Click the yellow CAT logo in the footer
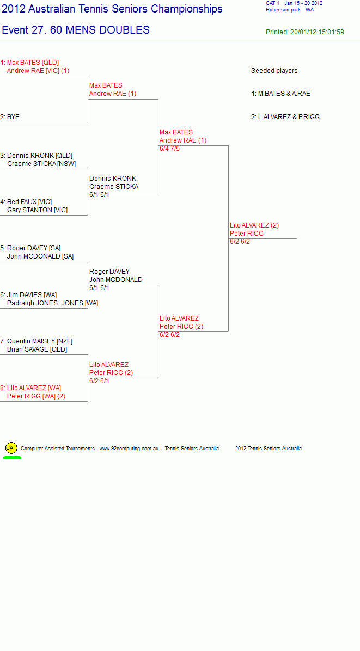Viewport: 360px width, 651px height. click(11, 447)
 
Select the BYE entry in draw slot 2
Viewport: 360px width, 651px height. click(13, 117)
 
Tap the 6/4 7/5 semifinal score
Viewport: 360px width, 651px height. click(169, 149)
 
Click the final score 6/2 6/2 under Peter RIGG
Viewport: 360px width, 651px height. click(240, 242)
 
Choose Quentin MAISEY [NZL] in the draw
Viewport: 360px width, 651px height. click(40, 341)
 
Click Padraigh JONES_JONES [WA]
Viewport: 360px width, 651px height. click(53, 303)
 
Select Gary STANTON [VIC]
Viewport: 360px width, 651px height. click(38, 210)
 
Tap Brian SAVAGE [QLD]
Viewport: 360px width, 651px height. click(37, 349)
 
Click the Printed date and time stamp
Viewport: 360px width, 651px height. click(305, 32)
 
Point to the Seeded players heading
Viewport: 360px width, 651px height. click(274, 71)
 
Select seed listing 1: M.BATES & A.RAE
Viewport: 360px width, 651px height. click(280, 94)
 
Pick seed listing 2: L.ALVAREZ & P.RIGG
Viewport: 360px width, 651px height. click(285, 117)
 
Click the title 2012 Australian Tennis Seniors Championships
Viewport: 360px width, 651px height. click(112, 9)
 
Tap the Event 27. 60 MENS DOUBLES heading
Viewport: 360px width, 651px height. click(76, 30)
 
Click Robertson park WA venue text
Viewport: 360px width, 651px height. click(290, 10)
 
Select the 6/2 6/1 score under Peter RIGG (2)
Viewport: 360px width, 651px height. click(99, 380)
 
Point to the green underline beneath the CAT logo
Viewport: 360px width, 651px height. click(12, 458)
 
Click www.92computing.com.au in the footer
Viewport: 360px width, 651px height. click(129, 449)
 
